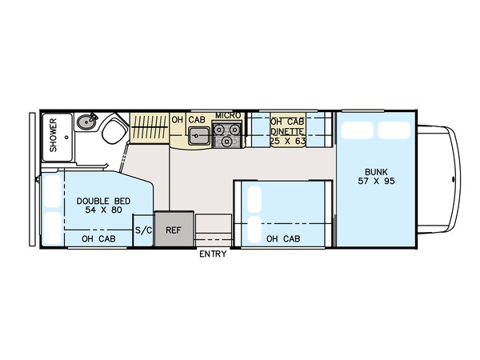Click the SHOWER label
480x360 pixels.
(54, 135)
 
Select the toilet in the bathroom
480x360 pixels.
(114, 132)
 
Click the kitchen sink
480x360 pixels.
(199, 136)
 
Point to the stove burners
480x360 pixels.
(227, 134)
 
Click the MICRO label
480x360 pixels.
(228, 116)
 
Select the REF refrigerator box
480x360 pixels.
(174, 228)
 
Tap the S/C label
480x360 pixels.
(143, 230)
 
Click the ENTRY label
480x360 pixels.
(213, 254)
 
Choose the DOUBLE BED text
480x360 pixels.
(103, 201)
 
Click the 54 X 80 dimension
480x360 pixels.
(104, 210)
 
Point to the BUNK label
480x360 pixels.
(376, 172)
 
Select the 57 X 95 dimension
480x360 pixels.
(376, 182)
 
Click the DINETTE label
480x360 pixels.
(287, 132)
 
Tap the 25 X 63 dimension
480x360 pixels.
(288, 141)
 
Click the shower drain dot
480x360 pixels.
(66, 138)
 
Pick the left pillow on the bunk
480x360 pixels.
(358, 130)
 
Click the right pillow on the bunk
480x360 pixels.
(394, 130)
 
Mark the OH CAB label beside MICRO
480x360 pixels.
(188, 120)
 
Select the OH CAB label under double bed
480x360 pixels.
(98, 238)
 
